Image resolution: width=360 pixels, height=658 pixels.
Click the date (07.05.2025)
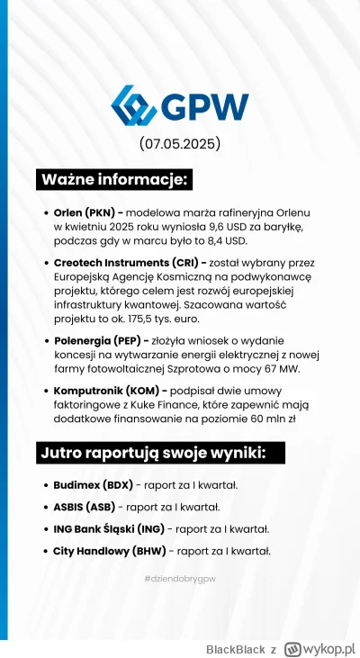pos(180,145)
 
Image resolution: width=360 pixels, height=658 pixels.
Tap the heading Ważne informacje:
pos(114,179)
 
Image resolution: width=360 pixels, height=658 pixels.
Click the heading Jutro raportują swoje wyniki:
pos(151,452)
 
